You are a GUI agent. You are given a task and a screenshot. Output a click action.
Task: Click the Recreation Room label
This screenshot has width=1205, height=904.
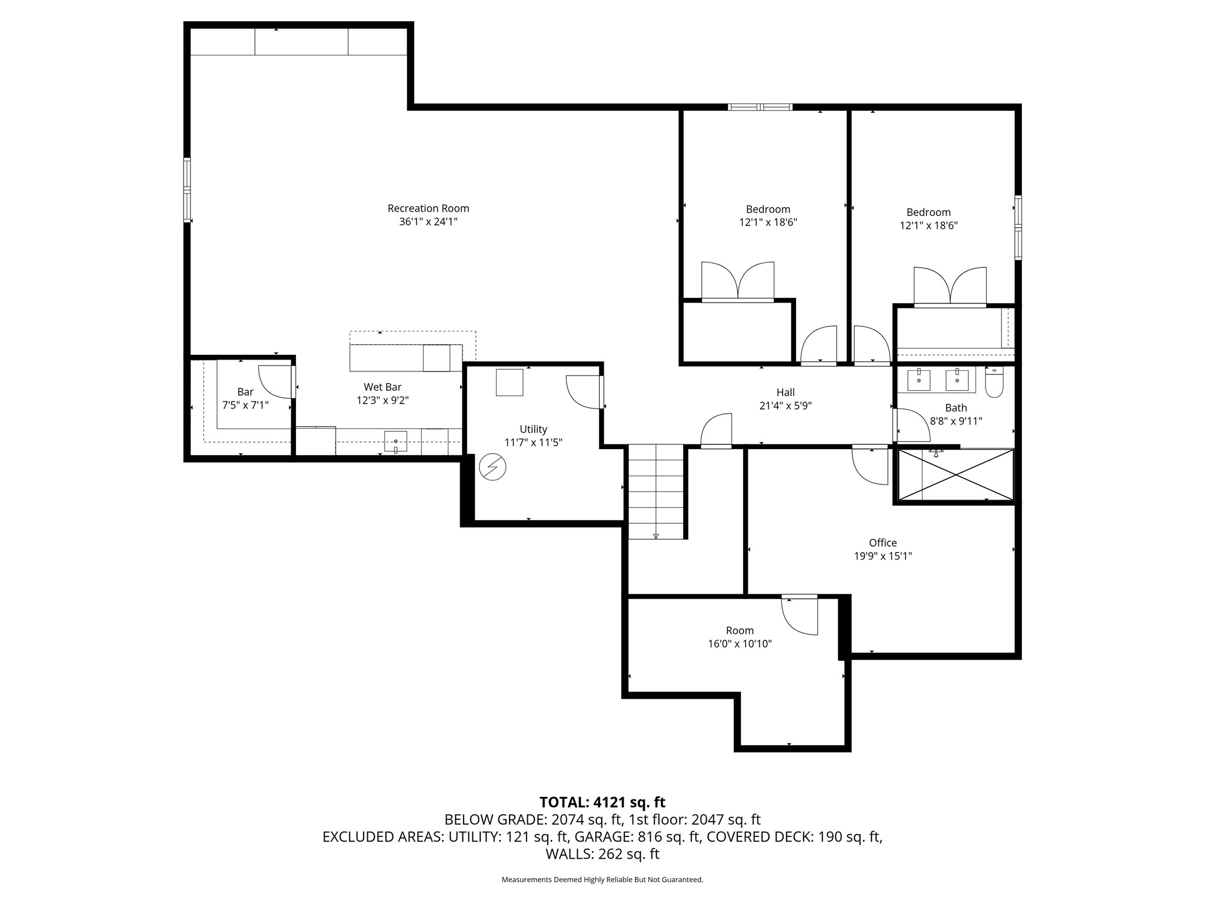click(x=428, y=208)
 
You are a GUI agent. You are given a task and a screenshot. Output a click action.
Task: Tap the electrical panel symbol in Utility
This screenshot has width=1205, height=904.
click(x=492, y=467)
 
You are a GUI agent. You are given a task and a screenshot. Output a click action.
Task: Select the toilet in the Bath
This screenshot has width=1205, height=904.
click(x=994, y=383)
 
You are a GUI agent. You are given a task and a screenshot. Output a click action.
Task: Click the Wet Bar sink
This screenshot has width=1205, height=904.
click(x=395, y=441)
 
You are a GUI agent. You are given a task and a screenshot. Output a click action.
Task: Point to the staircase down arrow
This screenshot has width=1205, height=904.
click(x=655, y=536)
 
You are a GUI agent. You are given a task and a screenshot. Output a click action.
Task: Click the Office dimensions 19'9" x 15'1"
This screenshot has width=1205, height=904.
click(x=883, y=556)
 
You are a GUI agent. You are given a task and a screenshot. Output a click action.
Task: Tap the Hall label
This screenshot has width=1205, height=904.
click(x=785, y=393)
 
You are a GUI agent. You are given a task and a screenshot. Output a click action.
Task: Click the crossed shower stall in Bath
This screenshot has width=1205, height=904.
click(x=955, y=475)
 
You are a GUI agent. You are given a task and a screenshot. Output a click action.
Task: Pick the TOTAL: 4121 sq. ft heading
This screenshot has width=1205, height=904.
click(x=602, y=802)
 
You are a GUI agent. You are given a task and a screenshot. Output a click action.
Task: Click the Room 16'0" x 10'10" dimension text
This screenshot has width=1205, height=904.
click(x=740, y=644)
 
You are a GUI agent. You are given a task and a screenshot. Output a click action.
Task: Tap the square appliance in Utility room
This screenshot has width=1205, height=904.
click(x=509, y=383)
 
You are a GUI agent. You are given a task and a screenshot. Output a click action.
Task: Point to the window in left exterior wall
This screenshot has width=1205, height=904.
click(x=187, y=190)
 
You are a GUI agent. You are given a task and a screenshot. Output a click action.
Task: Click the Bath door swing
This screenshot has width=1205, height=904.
click(x=911, y=425)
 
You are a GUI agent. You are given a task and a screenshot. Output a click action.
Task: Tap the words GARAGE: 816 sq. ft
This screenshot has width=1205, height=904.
click(x=637, y=836)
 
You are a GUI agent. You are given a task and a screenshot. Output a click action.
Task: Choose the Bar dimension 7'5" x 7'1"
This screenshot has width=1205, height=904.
click(x=245, y=405)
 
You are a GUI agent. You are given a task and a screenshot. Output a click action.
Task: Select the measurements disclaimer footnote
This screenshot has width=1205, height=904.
click(x=602, y=880)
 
